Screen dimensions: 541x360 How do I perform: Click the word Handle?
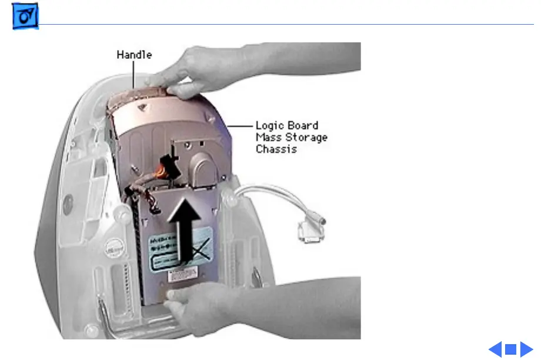pos(134,55)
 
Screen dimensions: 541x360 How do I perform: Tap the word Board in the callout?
pos(305,126)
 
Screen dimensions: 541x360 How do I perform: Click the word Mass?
pos(268,138)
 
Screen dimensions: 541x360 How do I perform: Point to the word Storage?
pos(308,138)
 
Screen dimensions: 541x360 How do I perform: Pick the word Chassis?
pos(276,149)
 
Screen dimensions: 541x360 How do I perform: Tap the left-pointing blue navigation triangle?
pos(495,349)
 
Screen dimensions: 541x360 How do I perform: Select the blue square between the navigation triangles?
pos(510,349)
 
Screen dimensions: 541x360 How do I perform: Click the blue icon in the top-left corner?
pos(25,19)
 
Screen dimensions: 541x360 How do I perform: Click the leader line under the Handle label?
pos(134,74)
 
